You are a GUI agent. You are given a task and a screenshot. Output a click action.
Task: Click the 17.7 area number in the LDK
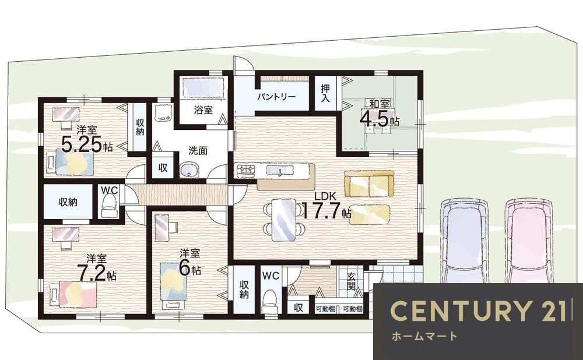[x=321, y=211]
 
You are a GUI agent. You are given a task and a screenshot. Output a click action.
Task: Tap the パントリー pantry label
[x=276, y=97]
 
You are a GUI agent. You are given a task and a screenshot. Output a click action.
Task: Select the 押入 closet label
[x=325, y=93]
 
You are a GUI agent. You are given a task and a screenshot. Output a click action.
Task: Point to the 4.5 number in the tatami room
[x=374, y=119]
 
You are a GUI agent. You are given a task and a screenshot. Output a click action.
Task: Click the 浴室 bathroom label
[x=203, y=110]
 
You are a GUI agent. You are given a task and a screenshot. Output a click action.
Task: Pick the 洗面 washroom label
[x=198, y=151]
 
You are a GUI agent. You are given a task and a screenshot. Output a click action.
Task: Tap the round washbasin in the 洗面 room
[x=189, y=171]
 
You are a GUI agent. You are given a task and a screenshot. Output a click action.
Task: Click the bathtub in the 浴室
[x=203, y=88]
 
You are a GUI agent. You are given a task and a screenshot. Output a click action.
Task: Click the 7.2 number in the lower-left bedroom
[x=91, y=273]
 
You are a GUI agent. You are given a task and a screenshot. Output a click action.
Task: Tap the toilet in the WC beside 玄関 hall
[x=269, y=301]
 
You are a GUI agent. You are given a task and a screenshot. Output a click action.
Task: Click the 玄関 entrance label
[x=351, y=281]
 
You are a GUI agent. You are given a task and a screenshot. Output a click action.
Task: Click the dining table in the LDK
[x=284, y=220]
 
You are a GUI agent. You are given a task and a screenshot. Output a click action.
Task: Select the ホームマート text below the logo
[x=424, y=337]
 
